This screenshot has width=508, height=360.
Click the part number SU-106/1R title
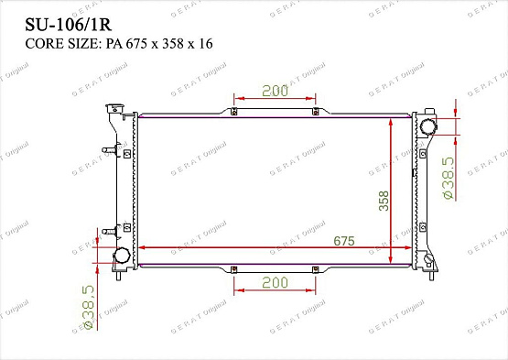[69, 25]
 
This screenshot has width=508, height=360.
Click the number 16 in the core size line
[206, 43]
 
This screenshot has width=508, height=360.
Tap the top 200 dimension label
[275, 91]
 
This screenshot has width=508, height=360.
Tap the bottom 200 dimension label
[275, 282]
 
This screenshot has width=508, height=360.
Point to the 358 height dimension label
[384, 201]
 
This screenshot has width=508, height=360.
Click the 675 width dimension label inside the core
[344, 241]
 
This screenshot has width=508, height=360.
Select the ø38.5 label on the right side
[449, 178]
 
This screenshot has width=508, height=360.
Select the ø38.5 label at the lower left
[89, 307]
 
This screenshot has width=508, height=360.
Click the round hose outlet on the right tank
[427, 126]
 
